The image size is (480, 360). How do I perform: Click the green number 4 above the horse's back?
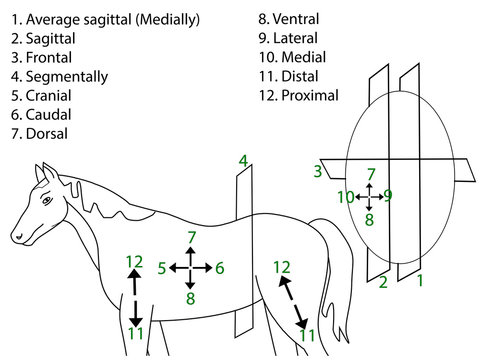pyautogui.click(x=242, y=160)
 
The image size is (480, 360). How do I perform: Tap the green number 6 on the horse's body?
pyautogui.click(x=220, y=268)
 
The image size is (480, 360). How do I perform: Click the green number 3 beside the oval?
pyautogui.click(x=318, y=172)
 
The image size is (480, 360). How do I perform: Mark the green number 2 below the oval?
pyautogui.click(x=383, y=283)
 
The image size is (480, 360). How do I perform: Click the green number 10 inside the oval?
pyautogui.click(x=345, y=197)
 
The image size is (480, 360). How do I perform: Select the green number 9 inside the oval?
pyautogui.click(x=388, y=195)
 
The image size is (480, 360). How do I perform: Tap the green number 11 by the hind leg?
pyautogui.click(x=310, y=336)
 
